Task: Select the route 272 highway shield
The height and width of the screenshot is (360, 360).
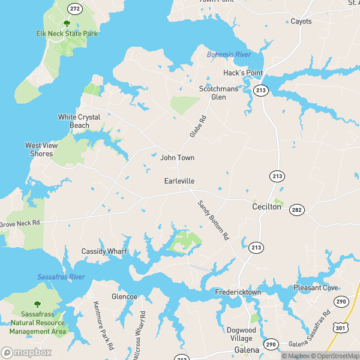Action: coord(75,9)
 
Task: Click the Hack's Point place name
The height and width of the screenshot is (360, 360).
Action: coord(243,73)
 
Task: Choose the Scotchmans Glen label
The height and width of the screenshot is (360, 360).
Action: coord(219,92)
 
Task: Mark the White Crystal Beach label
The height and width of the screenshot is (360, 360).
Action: coord(79,121)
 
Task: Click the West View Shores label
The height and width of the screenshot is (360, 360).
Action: coord(42,149)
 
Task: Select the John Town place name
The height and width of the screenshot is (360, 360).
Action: coord(177,158)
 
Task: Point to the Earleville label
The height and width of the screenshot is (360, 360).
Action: coord(179,181)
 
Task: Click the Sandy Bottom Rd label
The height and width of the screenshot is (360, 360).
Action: coord(214,220)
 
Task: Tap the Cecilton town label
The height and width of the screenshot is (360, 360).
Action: coord(266,206)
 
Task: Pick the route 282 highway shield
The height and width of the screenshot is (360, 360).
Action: coord(296,209)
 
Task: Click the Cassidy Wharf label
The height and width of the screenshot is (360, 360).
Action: coord(104,251)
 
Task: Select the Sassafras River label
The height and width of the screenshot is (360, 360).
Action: coord(61,277)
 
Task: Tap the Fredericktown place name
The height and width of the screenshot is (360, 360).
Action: coord(238,292)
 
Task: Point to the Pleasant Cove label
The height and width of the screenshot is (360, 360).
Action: coord(316,288)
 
